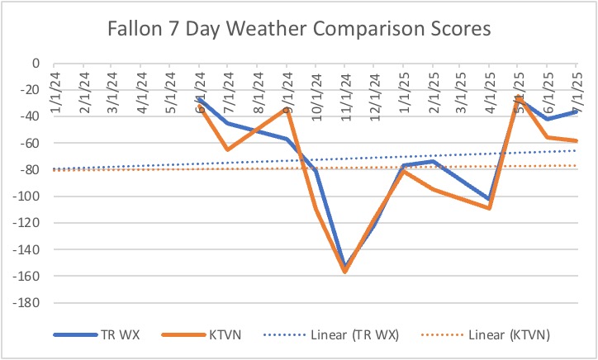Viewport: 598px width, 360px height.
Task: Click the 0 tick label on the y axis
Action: click(x=36, y=63)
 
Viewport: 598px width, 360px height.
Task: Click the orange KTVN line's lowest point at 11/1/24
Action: click(x=344, y=272)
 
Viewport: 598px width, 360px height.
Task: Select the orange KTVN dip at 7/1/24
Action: click(x=228, y=149)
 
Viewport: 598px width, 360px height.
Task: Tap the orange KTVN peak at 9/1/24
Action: click(x=286, y=108)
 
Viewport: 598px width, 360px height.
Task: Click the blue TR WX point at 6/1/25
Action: click(x=547, y=119)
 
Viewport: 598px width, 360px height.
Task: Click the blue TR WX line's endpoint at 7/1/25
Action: click(x=576, y=111)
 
